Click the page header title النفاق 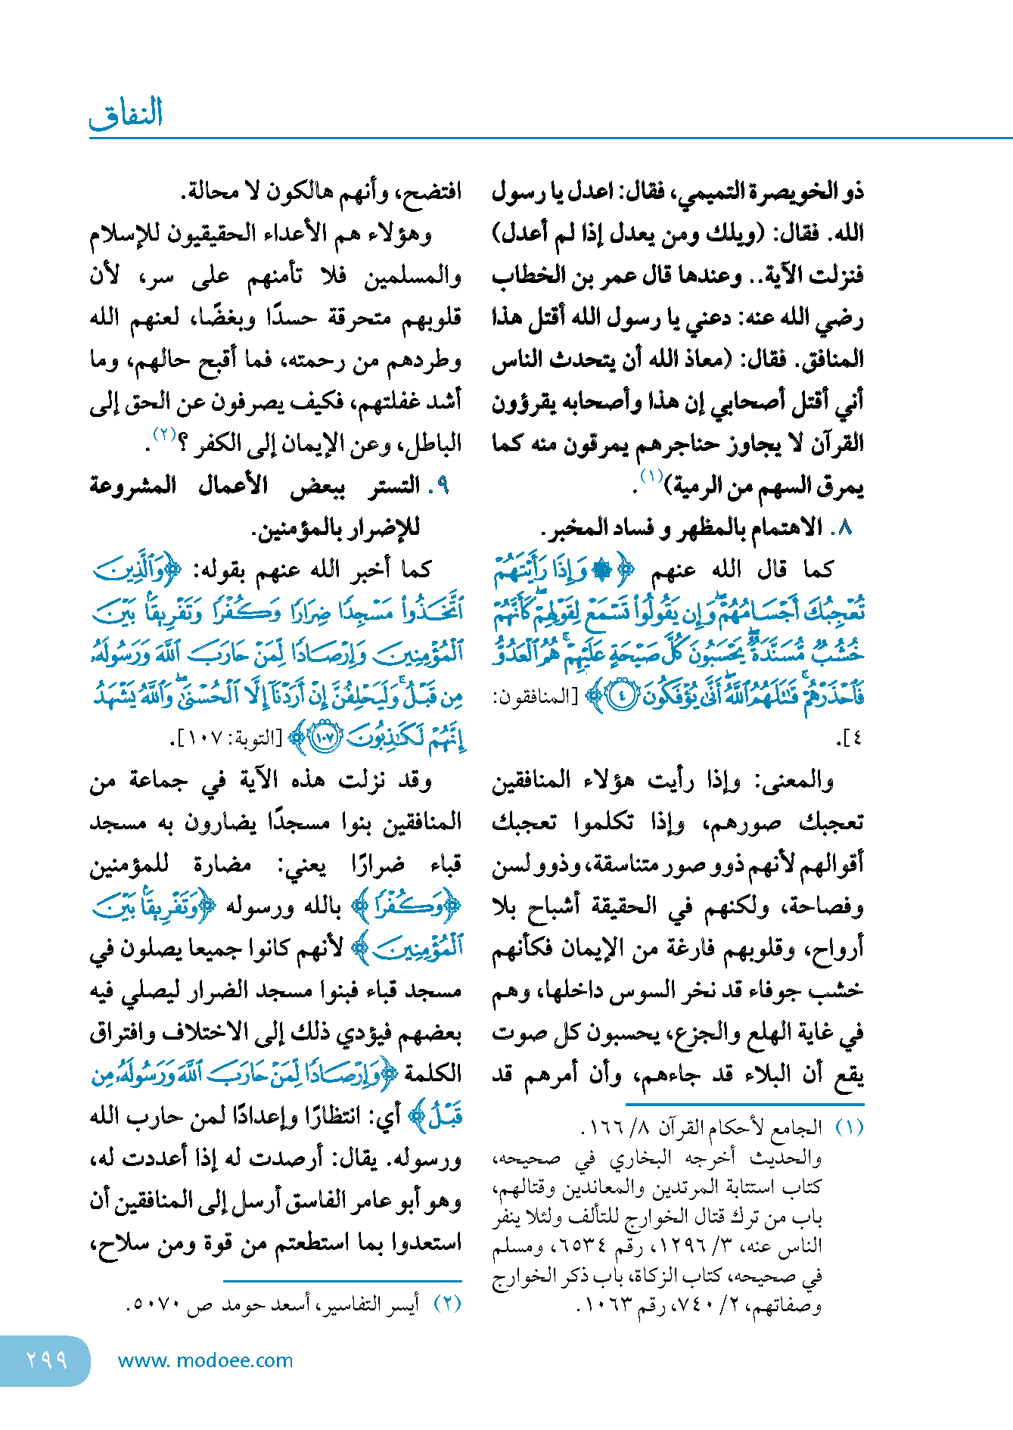point(126,113)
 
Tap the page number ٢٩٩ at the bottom point(47,1360)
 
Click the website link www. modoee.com point(205,1360)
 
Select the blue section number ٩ point(443,486)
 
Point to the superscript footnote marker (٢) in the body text point(164,434)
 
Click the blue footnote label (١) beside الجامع point(849,1129)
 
